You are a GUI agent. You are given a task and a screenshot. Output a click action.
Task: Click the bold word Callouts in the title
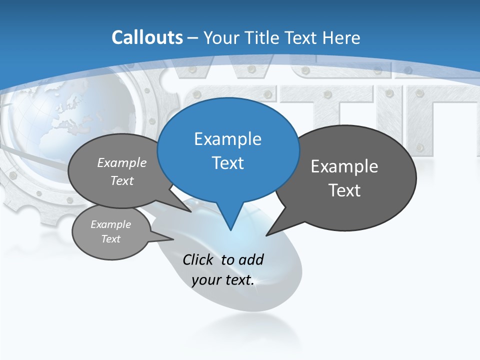click(x=147, y=37)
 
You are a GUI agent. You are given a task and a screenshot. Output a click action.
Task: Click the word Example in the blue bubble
click(x=227, y=139)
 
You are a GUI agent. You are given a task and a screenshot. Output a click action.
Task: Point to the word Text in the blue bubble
click(x=227, y=162)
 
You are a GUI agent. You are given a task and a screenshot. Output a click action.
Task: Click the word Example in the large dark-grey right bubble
click(x=344, y=166)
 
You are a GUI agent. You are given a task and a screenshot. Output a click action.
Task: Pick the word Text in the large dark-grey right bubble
click(x=344, y=190)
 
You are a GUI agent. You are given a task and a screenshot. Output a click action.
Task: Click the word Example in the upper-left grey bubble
click(x=122, y=162)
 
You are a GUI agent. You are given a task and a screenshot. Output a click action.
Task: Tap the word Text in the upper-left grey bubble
click(x=122, y=180)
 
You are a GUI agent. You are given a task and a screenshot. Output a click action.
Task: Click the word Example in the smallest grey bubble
click(x=110, y=224)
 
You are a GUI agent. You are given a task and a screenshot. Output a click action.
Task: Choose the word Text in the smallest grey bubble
click(x=110, y=239)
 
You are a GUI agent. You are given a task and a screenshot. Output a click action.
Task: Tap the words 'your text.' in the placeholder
click(x=223, y=280)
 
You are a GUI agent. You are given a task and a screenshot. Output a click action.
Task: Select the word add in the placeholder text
click(x=251, y=259)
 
